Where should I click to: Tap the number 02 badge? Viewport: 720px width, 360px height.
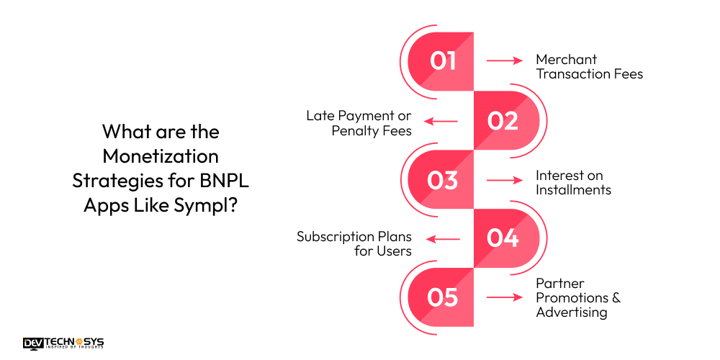tap(503, 121)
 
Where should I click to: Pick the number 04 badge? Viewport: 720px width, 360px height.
tap(503, 238)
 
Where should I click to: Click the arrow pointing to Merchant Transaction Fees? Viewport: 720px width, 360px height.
tap(505, 61)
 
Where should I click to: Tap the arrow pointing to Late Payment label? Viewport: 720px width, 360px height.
tap(441, 121)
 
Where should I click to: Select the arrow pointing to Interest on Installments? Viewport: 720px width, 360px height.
tap(505, 180)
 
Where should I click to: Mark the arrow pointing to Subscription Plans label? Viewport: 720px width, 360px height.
tap(441, 239)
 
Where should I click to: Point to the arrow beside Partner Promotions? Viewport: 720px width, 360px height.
tap(505, 297)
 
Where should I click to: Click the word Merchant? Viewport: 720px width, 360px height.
tap(567, 59)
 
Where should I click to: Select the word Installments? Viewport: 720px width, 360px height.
tap(573, 190)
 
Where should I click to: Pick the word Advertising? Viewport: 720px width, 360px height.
tap(571, 312)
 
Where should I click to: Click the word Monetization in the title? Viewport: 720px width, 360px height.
tap(161, 156)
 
